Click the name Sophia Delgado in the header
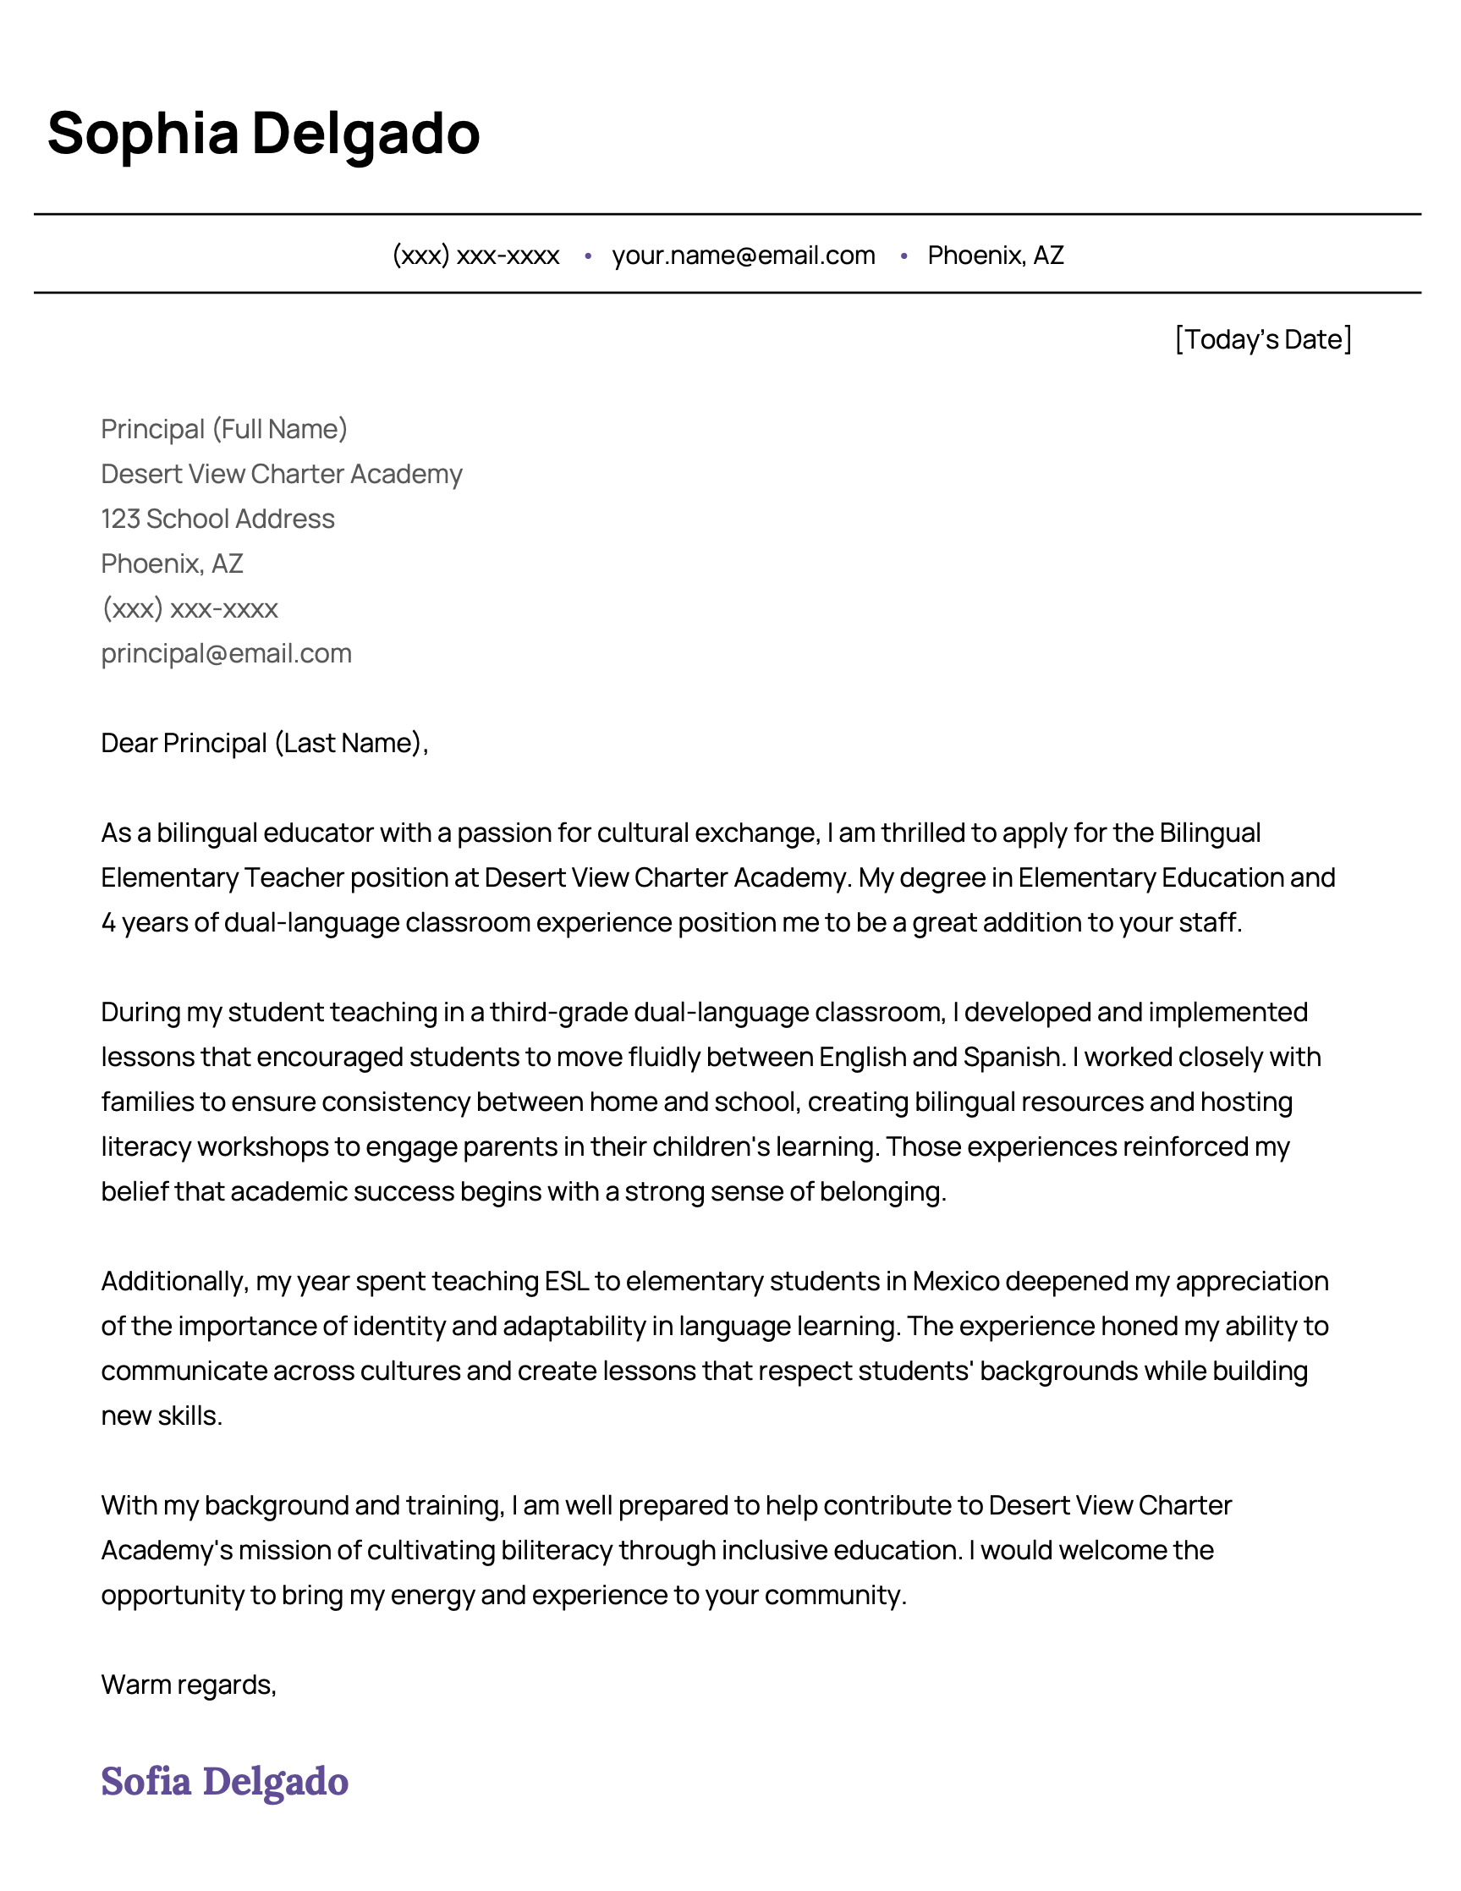(x=263, y=135)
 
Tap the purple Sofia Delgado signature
(x=224, y=1781)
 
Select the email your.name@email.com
(x=743, y=256)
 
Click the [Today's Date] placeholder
(x=1262, y=339)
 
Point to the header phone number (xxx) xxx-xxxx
(x=475, y=256)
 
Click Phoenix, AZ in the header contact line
(x=996, y=256)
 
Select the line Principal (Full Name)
(x=224, y=430)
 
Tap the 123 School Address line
(x=217, y=519)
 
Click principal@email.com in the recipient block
(x=226, y=654)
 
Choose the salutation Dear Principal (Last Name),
(x=264, y=743)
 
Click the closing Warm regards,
(x=188, y=1685)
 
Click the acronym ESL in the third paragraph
(x=566, y=1282)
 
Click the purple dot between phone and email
(x=588, y=256)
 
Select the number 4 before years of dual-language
(x=108, y=923)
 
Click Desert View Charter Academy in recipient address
(x=282, y=475)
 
